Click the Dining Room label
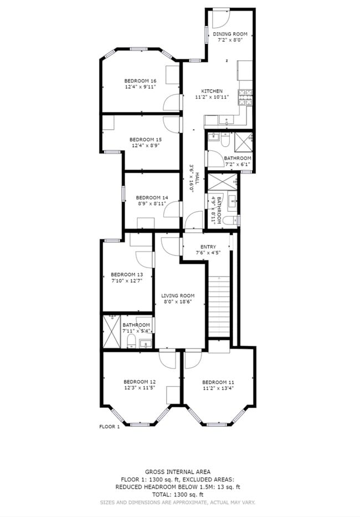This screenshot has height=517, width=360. coord(230,34)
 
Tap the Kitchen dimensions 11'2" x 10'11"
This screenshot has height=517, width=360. coord(212,97)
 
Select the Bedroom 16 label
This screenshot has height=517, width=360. coord(140,81)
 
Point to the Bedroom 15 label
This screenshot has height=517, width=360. coord(145,140)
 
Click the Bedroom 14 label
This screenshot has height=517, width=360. coord(152,197)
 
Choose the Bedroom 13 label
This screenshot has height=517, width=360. coord(127,274)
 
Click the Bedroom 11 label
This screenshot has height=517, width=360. coord(218,382)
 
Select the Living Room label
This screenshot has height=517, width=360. coord(178,296)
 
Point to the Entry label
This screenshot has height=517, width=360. coord(208,247)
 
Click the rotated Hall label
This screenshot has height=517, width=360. coord(197,178)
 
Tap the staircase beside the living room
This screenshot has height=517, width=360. coord(219,306)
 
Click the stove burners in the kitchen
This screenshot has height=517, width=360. coord(245,98)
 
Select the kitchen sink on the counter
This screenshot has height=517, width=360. coord(227,120)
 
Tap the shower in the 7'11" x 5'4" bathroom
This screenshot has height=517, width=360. coord(112,331)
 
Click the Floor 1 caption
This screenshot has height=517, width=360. coord(110,427)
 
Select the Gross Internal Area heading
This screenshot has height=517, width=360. coord(178,472)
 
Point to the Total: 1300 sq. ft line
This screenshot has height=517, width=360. coord(178,494)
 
